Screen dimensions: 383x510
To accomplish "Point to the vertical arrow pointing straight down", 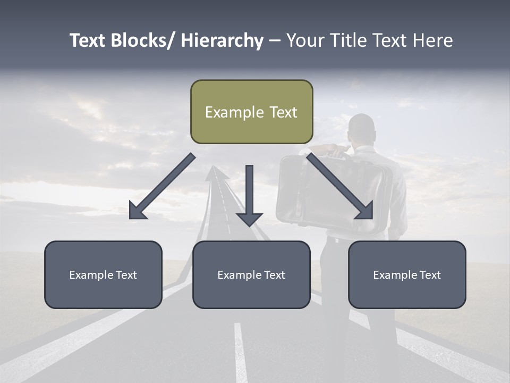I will coord(249,195).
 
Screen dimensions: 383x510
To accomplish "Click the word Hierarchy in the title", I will coord(222,40).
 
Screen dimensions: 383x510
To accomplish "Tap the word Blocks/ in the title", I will coord(143,40).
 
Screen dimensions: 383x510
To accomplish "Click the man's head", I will coord(362,128).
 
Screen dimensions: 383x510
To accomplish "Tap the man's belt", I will coord(340,239).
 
